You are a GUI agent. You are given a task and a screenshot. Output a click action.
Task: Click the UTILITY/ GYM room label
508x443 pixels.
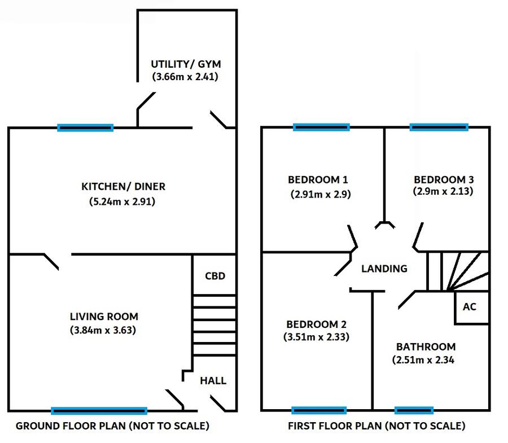pyautogui.click(x=186, y=64)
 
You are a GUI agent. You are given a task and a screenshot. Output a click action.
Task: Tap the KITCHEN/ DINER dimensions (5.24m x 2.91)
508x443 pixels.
pyautogui.click(x=122, y=201)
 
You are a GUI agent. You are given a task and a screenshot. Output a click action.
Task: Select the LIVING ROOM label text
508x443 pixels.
pyautogui.click(x=104, y=317)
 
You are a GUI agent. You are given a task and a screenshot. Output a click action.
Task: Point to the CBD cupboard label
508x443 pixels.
pyautogui.click(x=215, y=276)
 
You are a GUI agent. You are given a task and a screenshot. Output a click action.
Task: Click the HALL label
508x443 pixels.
pyautogui.click(x=213, y=380)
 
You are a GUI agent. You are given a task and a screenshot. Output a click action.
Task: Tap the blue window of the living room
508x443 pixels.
pyautogui.click(x=99, y=411)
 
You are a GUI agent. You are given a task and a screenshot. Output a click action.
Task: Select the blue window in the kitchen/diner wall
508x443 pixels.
pyautogui.click(x=85, y=128)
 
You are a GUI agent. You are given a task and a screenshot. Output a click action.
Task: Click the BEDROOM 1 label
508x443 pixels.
pyautogui.click(x=318, y=179)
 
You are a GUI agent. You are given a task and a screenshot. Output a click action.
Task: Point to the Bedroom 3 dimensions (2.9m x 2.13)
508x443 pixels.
pyautogui.click(x=443, y=191)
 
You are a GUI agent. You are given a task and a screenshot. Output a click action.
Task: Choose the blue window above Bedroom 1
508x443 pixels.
pyautogui.click(x=321, y=128)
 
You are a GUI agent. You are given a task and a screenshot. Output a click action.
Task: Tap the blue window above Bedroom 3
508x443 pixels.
pyautogui.click(x=439, y=128)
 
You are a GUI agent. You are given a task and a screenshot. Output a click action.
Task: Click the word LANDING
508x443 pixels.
pyautogui.click(x=384, y=269)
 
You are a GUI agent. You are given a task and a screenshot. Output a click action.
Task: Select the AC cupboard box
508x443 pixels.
pyautogui.click(x=471, y=308)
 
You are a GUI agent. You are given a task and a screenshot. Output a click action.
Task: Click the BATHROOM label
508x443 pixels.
pyautogui.click(x=426, y=347)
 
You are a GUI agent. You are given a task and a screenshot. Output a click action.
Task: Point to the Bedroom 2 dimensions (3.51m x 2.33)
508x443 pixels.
pyautogui.click(x=316, y=337)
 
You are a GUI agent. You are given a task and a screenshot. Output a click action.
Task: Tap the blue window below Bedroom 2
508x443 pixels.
pyautogui.click(x=319, y=411)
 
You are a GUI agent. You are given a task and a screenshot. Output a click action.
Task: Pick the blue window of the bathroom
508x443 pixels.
pyautogui.click(x=414, y=411)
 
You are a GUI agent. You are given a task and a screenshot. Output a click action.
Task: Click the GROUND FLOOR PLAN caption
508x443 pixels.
pyautogui.click(x=112, y=426)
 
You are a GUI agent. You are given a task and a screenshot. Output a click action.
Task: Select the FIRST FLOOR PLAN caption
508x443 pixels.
pyautogui.click(x=376, y=426)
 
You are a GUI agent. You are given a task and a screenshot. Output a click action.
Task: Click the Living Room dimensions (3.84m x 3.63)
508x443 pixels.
pyautogui.click(x=103, y=330)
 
